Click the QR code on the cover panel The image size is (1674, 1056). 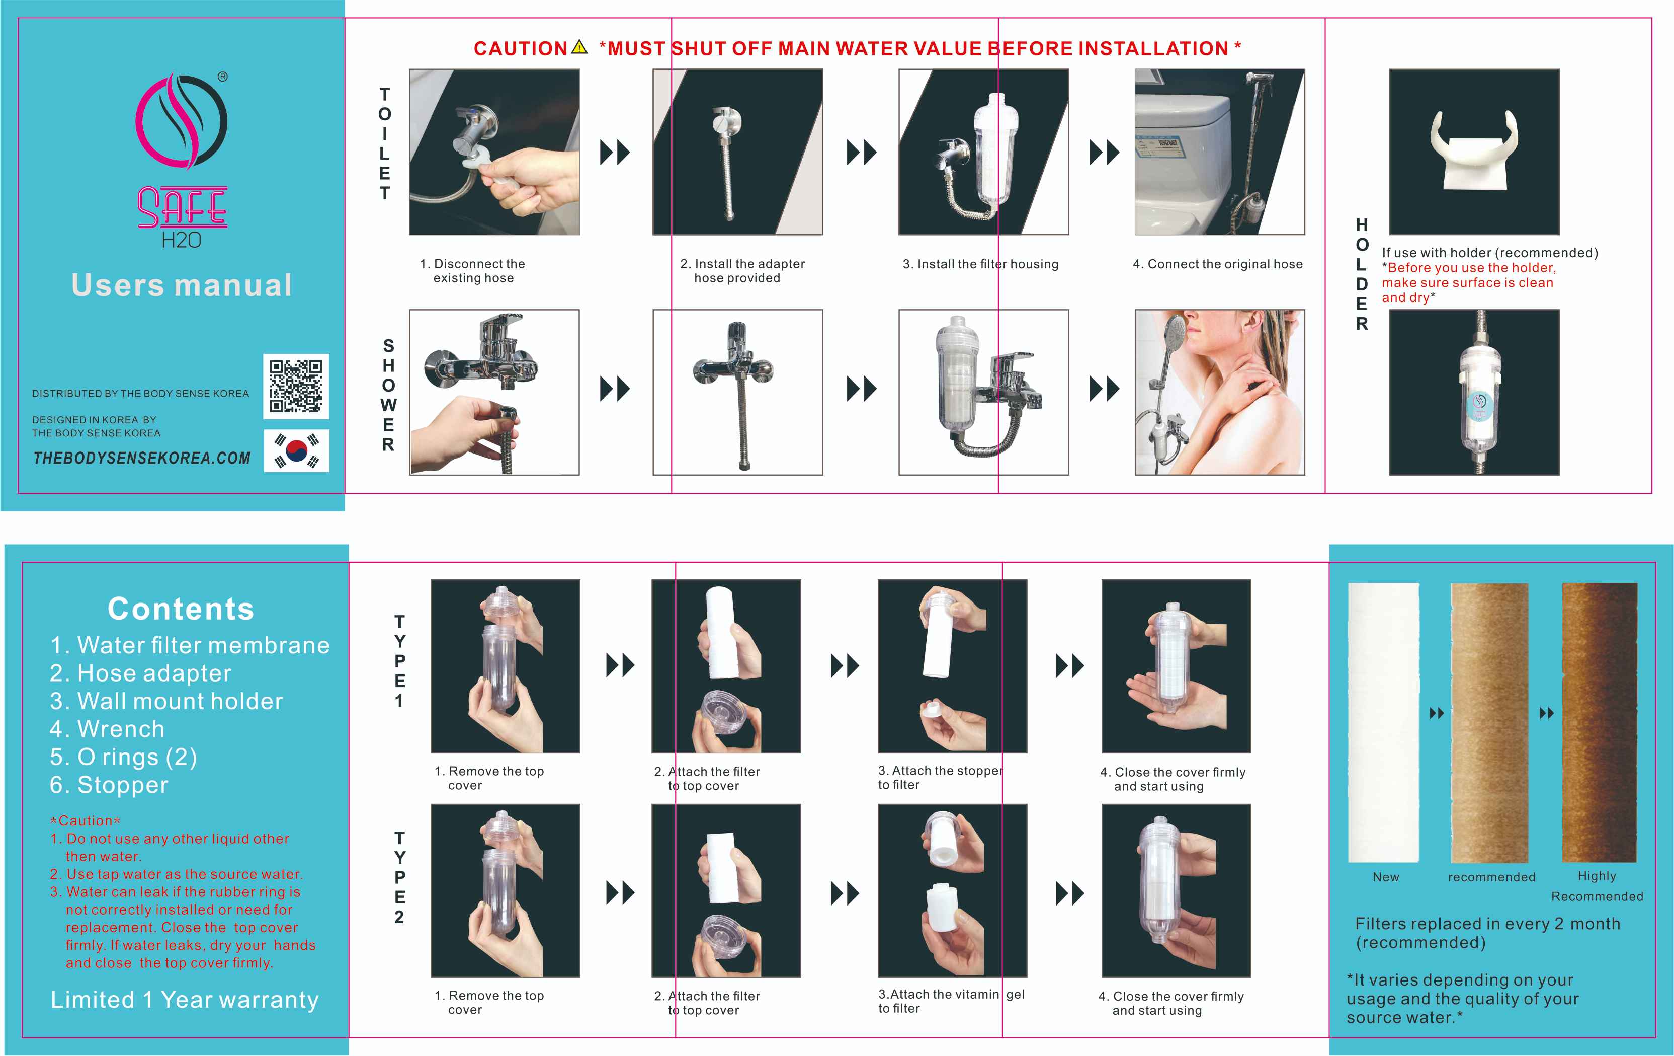point(295,386)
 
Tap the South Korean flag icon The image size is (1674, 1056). point(297,451)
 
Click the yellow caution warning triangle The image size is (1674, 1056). point(579,47)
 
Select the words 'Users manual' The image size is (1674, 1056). point(182,285)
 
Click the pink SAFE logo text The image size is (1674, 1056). point(182,207)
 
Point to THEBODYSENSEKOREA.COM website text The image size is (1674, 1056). point(142,458)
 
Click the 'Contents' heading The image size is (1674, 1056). point(181,609)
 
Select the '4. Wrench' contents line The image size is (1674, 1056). point(107,729)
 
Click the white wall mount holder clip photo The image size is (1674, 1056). point(1474,152)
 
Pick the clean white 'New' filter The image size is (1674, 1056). point(1383,722)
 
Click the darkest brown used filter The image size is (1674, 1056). point(1599,722)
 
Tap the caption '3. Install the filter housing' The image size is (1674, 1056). point(980,264)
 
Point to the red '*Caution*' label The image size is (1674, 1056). point(86,821)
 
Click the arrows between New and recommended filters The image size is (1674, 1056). point(1437,713)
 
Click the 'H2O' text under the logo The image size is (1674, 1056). point(182,240)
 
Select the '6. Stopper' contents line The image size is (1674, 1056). point(109,785)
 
